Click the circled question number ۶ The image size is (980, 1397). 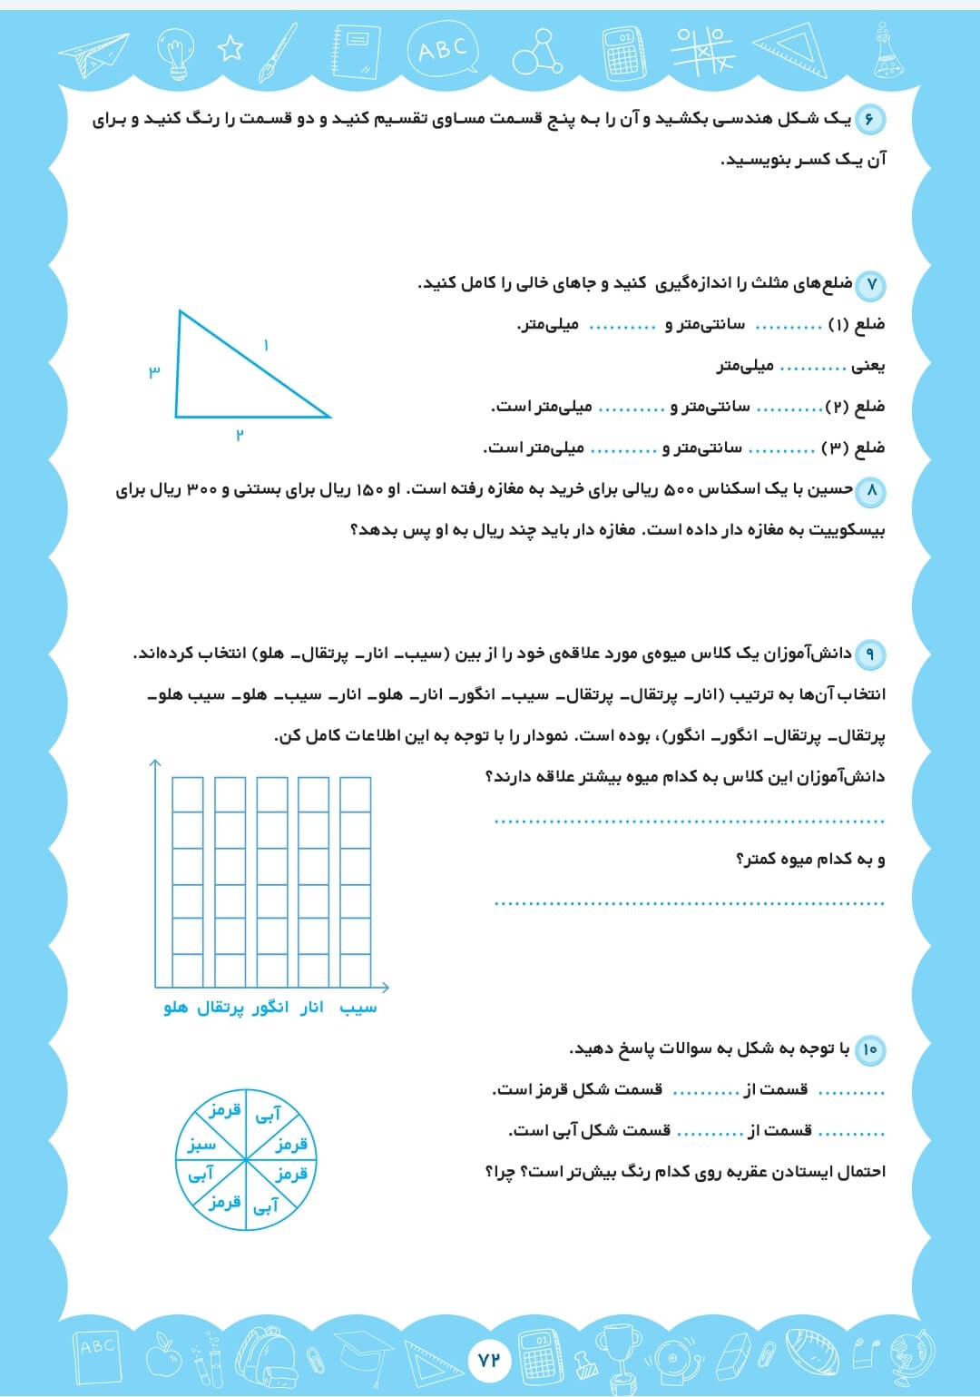pyautogui.click(x=868, y=120)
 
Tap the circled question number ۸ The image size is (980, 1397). pyautogui.click(x=870, y=491)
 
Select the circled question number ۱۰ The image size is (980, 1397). pyautogui.click(x=869, y=1050)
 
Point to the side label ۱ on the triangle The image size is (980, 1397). pyautogui.click(x=266, y=346)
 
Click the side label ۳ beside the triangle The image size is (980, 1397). pyautogui.click(x=154, y=370)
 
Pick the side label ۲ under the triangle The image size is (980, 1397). pyautogui.click(x=240, y=435)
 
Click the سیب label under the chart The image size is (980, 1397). pyautogui.click(x=358, y=1008)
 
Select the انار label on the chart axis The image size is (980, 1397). pyautogui.click(x=311, y=1008)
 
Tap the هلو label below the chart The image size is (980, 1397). pyautogui.click(x=176, y=1008)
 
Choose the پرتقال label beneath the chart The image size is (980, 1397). pyautogui.click(x=220, y=1008)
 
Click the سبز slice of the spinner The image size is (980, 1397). pyautogui.click(x=201, y=1146)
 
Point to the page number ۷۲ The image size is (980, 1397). pyautogui.click(x=489, y=1359)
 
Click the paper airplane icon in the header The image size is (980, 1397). pyautogui.click(x=93, y=54)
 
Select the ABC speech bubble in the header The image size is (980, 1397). pyautogui.click(x=443, y=49)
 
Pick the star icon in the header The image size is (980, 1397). pyautogui.click(x=230, y=47)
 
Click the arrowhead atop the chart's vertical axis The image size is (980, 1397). pyautogui.click(x=155, y=764)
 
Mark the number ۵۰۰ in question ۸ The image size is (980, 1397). pyautogui.click(x=680, y=490)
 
